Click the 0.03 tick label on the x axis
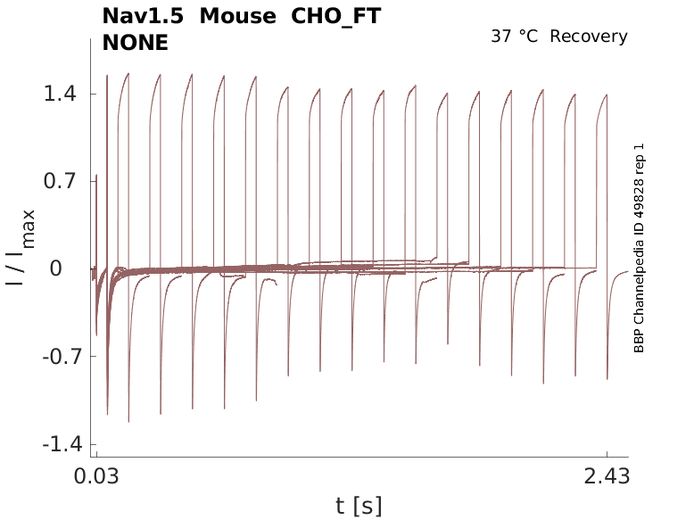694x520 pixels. coord(95,477)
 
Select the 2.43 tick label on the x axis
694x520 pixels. coord(607,477)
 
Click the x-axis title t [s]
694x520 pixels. coord(359,507)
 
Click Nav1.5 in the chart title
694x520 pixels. coord(144,17)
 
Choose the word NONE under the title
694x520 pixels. coord(136,42)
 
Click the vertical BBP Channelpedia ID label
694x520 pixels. coord(639,248)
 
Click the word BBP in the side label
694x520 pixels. coord(639,340)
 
